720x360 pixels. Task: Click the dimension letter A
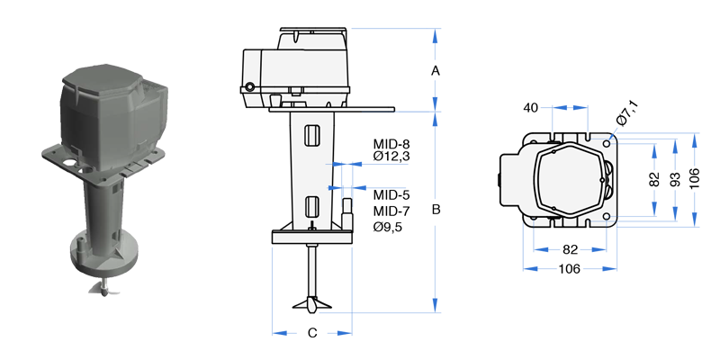(436, 71)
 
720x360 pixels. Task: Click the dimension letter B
(436, 210)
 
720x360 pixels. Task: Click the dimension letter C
(312, 333)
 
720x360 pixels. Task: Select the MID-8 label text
(391, 144)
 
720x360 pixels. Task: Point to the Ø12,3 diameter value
(391, 157)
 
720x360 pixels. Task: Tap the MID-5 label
(391, 194)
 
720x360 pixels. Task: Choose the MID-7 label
(391, 211)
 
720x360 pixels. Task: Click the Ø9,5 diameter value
(388, 227)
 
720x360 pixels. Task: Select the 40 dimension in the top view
(530, 107)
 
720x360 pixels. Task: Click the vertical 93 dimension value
(674, 178)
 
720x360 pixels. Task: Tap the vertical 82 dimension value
(654, 179)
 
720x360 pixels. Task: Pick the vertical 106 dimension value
(694, 178)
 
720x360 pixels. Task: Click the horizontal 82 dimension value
(570, 249)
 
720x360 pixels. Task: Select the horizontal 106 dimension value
(570, 268)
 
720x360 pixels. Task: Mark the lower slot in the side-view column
(311, 207)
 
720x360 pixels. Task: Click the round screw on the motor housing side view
(249, 86)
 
